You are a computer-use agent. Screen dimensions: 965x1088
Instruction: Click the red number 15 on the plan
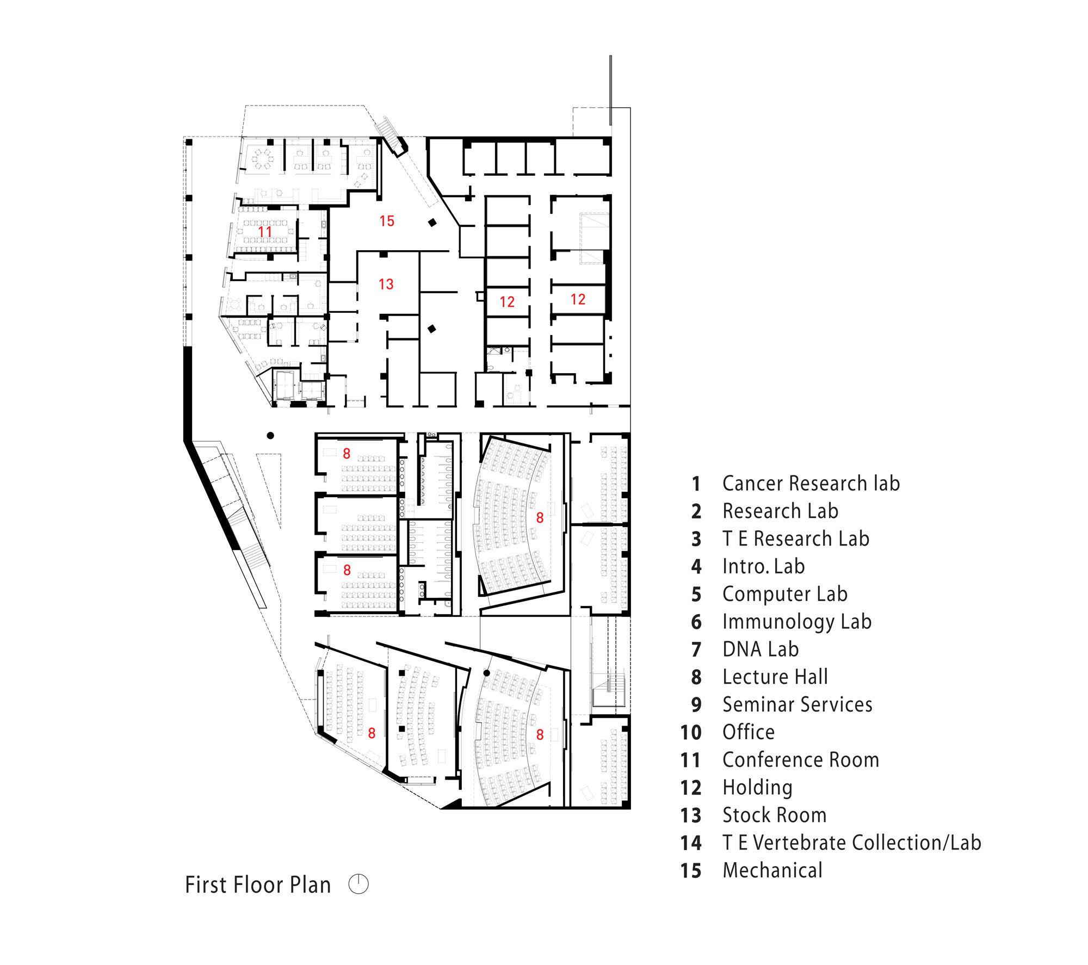pos(387,221)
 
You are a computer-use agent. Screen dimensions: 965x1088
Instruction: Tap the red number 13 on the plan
pos(386,284)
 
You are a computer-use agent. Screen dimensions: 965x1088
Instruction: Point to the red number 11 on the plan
pos(265,232)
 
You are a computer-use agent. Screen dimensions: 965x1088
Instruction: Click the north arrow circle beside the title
pos(358,884)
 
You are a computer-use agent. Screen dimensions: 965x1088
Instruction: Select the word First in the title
pos(207,885)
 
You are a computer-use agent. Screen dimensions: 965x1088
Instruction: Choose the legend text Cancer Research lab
pos(811,484)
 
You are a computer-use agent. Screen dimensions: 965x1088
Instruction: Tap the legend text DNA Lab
pos(761,649)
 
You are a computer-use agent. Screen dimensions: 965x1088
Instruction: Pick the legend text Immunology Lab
pos(797,622)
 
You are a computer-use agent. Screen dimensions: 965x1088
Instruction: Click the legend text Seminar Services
pos(797,704)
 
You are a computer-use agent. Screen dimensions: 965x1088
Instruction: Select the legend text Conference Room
pos(800,760)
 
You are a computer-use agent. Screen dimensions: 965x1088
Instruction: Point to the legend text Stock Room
pos(774,815)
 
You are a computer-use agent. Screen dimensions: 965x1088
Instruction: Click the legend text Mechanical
pos(772,871)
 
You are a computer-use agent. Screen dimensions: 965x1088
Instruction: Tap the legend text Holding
pos(757,788)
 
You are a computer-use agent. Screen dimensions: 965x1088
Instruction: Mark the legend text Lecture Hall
pos(775,677)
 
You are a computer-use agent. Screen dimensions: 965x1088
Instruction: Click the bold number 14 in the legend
pos(691,843)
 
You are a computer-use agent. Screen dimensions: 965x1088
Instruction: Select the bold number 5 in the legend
pos(696,595)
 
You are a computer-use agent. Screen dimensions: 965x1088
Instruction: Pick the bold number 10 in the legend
pos(691,733)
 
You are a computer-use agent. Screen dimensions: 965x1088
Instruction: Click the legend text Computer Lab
pos(784,595)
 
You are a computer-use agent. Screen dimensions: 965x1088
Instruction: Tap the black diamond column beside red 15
pos(432,222)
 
